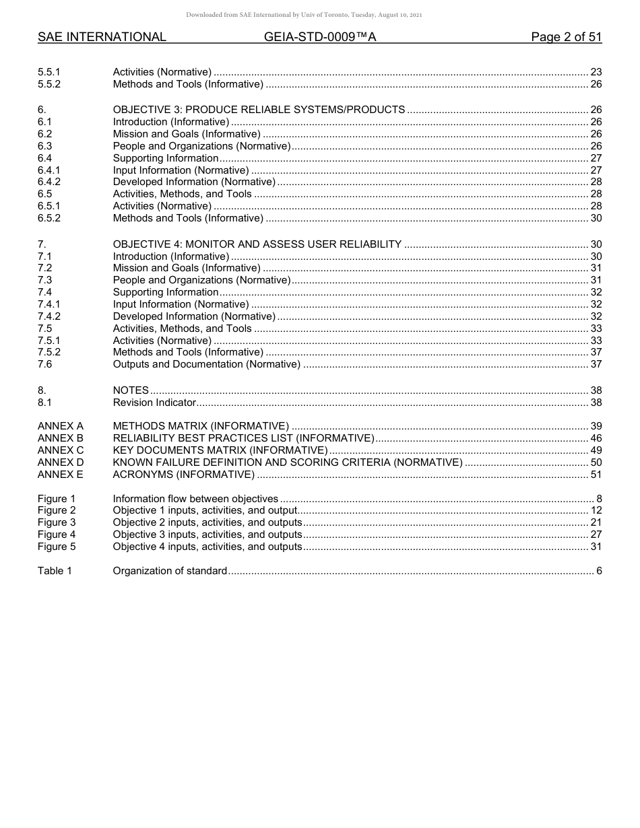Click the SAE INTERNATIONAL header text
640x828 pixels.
point(102,37)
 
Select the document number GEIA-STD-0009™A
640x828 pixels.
point(320,37)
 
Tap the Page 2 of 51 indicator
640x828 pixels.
point(566,37)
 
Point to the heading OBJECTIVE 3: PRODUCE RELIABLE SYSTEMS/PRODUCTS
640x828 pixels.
point(259,110)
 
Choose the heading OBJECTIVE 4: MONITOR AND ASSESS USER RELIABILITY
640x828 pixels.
point(257,244)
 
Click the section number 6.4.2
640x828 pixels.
point(49,182)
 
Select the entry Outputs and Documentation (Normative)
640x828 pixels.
point(206,364)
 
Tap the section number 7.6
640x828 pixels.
point(45,364)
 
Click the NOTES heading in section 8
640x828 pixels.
point(131,390)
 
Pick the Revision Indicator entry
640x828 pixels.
point(154,403)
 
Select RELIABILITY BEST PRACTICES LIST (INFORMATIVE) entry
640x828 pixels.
point(243,438)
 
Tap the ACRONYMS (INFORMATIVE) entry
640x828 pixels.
point(183,475)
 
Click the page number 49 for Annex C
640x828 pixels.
point(596,450)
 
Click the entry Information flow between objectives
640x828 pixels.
point(195,499)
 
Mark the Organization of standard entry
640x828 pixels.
point(170,571)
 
